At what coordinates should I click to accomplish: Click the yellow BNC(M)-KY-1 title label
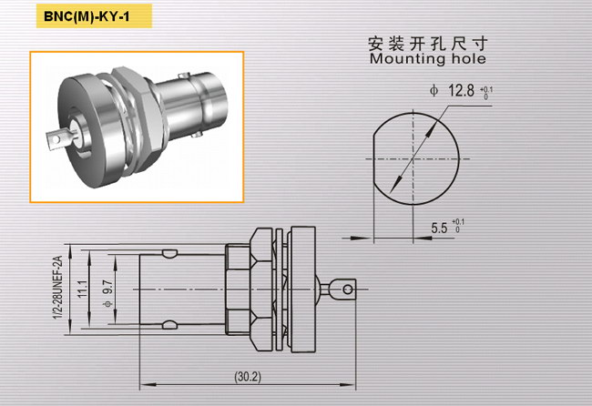94,16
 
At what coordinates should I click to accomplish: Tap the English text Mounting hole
428,59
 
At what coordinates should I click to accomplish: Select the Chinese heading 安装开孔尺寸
428,44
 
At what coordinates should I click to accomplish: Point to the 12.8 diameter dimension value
461,90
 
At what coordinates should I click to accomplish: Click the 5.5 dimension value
439,228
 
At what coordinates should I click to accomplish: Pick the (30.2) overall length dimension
248,376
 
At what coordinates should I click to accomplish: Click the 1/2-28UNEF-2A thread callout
57,288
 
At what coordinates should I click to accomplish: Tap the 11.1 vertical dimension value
83,289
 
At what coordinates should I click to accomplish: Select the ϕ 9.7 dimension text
107,293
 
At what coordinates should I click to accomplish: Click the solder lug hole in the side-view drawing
348,289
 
